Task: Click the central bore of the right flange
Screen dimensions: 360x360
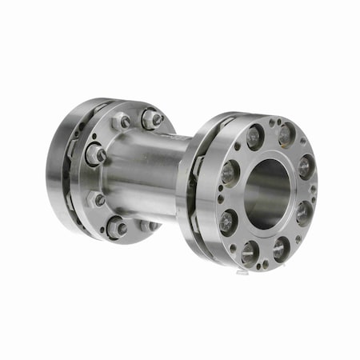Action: coord(266,192)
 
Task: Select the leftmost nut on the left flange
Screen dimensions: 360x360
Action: coord(94,154)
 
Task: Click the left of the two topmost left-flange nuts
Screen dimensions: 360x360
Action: coord(121,122)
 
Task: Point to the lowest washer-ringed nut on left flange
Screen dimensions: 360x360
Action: coord(117,227)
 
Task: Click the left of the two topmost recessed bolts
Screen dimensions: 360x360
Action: coord(254,137)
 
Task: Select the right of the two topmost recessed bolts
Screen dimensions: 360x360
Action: coord(286,135)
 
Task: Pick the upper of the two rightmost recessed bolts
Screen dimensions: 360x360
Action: coord(306,166)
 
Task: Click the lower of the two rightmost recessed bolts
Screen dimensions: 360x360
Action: coord(304,213)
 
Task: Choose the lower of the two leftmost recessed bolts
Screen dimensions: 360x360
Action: coord(228,220)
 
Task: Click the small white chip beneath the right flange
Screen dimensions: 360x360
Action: coord(242,273)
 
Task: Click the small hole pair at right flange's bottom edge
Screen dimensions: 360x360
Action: coord(265,261)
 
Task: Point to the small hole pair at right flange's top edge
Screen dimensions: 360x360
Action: coord(273,124)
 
